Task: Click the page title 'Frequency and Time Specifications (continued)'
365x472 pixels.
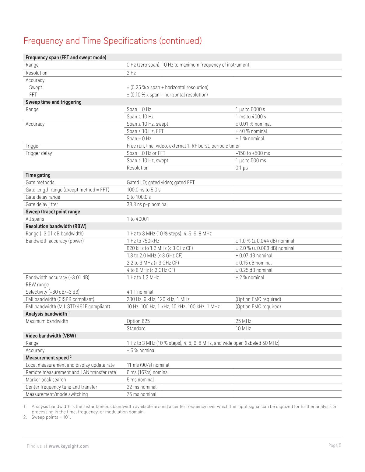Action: tap(113, 41)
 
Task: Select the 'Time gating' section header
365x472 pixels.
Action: tap(38, 175)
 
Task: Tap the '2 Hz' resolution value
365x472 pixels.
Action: tap(131, 73)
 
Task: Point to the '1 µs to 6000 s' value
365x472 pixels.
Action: tap(250, 109)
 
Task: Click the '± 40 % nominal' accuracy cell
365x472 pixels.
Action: tap(251, 131)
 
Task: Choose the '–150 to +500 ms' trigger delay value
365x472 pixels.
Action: tap(253, 153)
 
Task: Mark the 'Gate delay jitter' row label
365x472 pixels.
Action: tap(42, 204)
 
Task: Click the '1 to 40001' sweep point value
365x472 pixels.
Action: tap(138, 219)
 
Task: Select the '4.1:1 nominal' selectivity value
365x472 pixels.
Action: tap(140, 292)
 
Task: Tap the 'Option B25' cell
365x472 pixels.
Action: tap(138, 321)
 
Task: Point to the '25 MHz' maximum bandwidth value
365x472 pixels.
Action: tap(243, 321)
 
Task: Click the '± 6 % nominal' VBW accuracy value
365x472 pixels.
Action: tap(141, 350)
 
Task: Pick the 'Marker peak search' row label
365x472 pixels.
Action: tap(46, 379)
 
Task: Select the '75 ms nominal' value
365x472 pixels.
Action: tap(142, 394)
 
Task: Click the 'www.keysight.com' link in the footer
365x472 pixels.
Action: tap(69, 446)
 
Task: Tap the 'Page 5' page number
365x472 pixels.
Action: tap(335, 445)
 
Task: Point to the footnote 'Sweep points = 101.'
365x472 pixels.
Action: tap(51, 417)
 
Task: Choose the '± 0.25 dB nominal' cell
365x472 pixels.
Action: tap(254, 270)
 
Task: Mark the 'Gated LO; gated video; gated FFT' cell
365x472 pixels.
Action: tap(160, 182)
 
